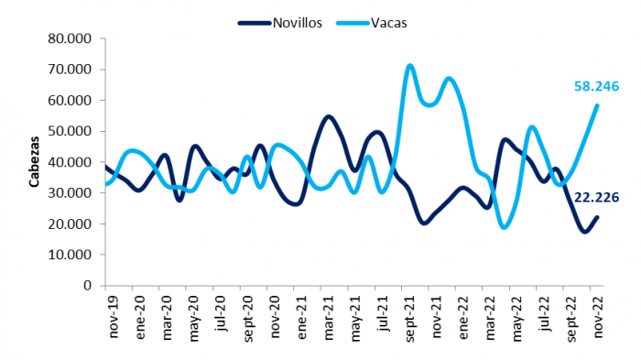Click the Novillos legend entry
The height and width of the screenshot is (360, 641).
(x=280, y=23)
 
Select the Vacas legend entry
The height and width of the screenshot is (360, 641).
(x=372, y=23)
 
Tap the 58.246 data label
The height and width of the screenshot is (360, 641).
(x=596, y=86)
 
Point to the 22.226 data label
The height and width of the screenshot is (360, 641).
(x=596, y=198)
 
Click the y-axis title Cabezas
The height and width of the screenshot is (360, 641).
(x=34, y=161)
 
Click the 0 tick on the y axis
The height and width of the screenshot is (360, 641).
(x=88, y=286)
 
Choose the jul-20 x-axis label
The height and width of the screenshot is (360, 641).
(x=221, y=313)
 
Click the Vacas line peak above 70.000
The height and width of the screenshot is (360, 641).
(x=410, y=65)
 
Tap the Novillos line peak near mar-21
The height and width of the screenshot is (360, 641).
(x=329, y=117)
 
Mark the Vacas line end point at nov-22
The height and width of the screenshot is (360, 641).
(x=597, y=105)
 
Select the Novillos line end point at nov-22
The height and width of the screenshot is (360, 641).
(x=597, y=217)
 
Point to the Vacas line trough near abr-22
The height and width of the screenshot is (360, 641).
(x=505, y=227)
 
